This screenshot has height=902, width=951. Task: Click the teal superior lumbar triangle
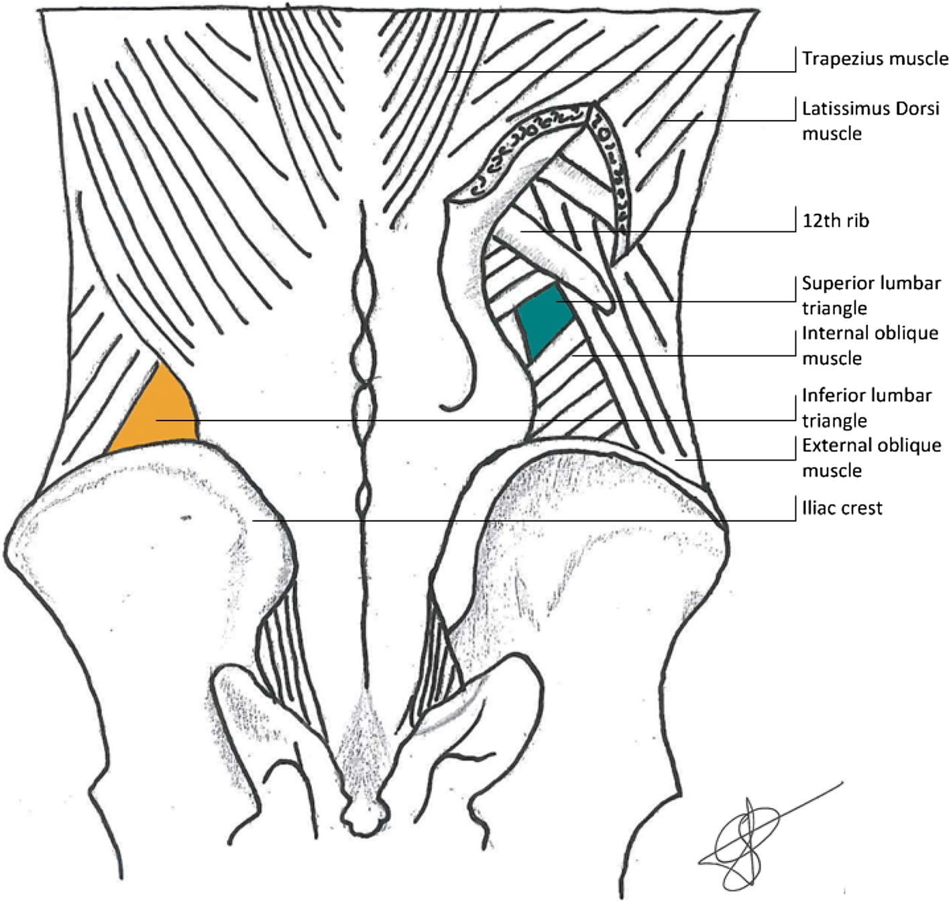(x=544, y=319)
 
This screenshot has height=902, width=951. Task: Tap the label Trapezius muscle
(x=875, y=59)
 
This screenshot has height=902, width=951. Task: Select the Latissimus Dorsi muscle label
(x=871, y=121)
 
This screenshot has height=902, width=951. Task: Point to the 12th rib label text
(x=836, y=221)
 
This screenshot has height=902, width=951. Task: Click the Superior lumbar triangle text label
(x=871, y=296)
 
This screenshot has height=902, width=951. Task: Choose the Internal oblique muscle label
(x=870, y=345)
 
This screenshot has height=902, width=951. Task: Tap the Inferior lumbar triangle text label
(x=866, y=408)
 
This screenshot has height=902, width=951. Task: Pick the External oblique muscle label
(x=871, y=457)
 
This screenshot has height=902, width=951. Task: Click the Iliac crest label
(x=842, y=508)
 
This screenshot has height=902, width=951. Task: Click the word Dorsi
(x=918, y=109)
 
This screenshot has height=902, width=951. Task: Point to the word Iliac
(x=819, y=508)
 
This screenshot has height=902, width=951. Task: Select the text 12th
(x=819, y=221)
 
